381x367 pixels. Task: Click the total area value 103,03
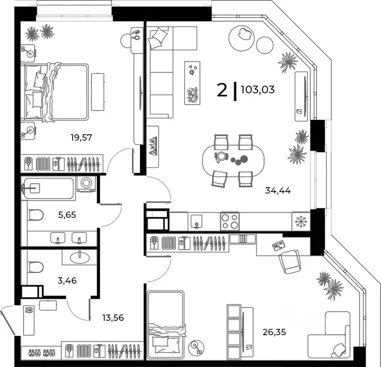pyautogui.click(x=258, y=89)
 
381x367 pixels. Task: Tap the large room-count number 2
pyautogui.click(x=222, y=89)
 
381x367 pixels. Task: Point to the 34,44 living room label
pyautogui.click(x=278, y=190)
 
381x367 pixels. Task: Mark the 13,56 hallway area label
pyautogui.click(x=113, y=316)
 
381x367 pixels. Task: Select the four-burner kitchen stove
pyautogui.click(x=229, y=221)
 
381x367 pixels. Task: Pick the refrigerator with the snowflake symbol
pyautogui.click(x=301, y=222)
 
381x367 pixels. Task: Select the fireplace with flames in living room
pyautogui.click(x=152, y=147)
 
